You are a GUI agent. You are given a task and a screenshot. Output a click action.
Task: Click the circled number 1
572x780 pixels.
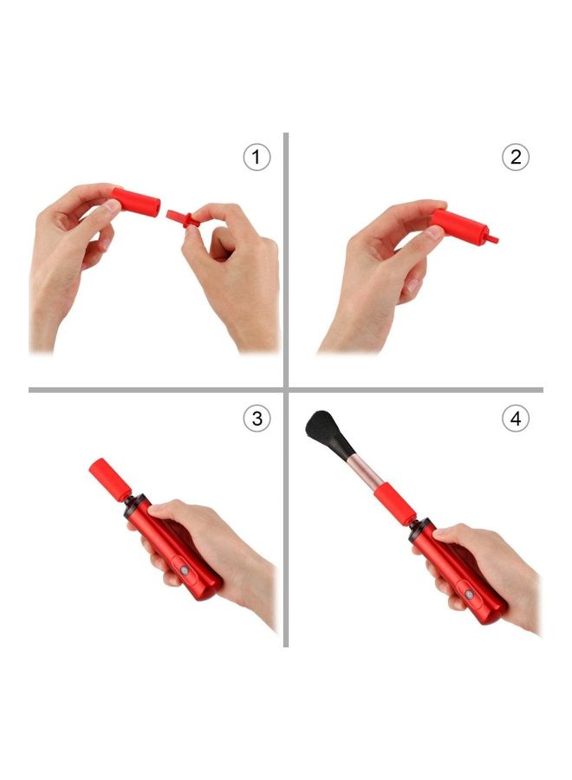tap(257, 157)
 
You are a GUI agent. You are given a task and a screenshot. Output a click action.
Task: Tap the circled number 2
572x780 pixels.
tap(516, 157)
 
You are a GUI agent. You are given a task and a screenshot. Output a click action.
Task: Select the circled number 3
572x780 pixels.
tap(257, 419)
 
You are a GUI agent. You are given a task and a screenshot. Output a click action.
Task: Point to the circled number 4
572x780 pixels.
tap(516, 419)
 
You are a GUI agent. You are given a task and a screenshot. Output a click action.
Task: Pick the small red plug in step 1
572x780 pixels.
tap(183, 219)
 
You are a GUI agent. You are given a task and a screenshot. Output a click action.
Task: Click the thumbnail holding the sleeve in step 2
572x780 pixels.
tap(433, 231)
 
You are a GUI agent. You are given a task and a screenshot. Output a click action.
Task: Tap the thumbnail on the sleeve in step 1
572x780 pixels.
tap(114, 205)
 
